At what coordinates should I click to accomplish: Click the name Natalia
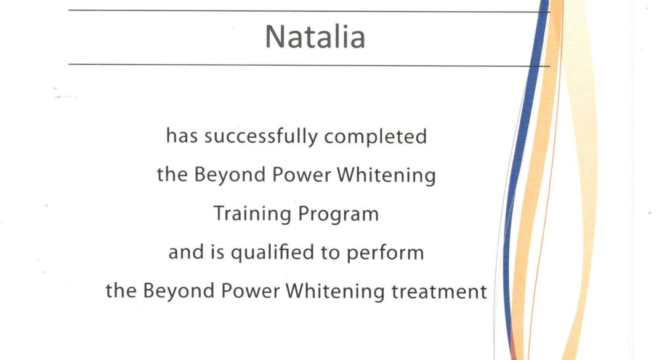click(315, 37)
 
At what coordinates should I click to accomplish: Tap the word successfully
click(261, 137)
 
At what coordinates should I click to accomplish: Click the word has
click(182, 136)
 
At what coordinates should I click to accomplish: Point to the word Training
click(252, 214)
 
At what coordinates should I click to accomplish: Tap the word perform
click(385, 253)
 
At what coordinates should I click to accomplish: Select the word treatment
click(439, 291)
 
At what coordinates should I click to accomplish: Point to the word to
click(330, 253)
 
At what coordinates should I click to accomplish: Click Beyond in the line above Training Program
click(230, 175)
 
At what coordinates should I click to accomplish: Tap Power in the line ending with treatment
click(251, 291)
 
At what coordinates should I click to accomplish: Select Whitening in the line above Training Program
click(386, 175)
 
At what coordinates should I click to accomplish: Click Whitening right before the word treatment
click(335, 292)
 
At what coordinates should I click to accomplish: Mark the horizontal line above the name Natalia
click(309, 11)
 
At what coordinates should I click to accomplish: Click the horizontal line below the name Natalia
click(309, 65)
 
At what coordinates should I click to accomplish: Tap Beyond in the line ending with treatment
click(179, 291)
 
